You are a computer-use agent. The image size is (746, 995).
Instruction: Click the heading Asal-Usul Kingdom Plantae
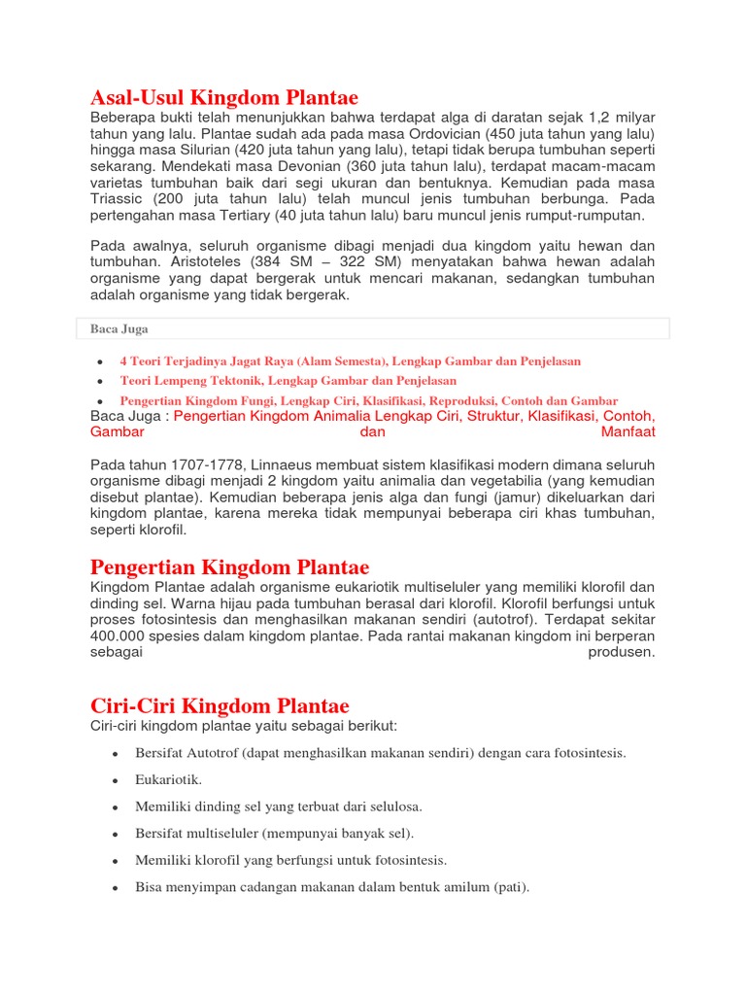(223, 97)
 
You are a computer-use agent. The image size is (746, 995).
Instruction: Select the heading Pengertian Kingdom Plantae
(229, 566)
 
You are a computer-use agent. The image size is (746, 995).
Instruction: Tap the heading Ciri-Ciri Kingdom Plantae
(220, 705)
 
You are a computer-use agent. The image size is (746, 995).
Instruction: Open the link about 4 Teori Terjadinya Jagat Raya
(350, 360)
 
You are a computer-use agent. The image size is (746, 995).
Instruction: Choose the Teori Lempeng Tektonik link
(288, 381)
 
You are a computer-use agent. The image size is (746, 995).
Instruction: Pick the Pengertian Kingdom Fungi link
(368, 400)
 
